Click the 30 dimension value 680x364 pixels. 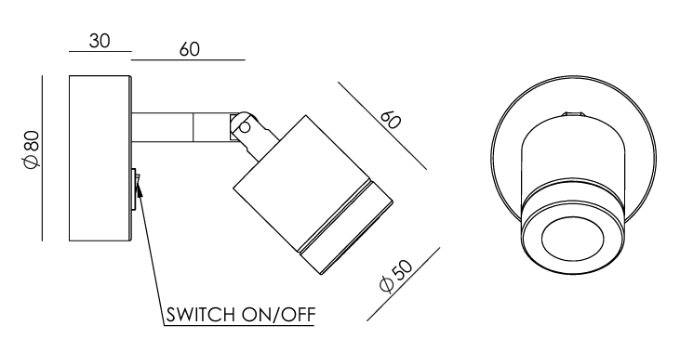click(100, 41)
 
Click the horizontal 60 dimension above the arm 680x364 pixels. click(190, 49)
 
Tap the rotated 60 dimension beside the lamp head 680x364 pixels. click(390, 121)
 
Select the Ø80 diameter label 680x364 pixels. click(33, 149)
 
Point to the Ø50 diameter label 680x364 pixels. click(396, 276)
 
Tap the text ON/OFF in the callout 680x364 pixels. click(278, 315)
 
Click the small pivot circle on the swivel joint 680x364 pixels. click(245, 127)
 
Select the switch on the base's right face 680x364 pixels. click(135, 189)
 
